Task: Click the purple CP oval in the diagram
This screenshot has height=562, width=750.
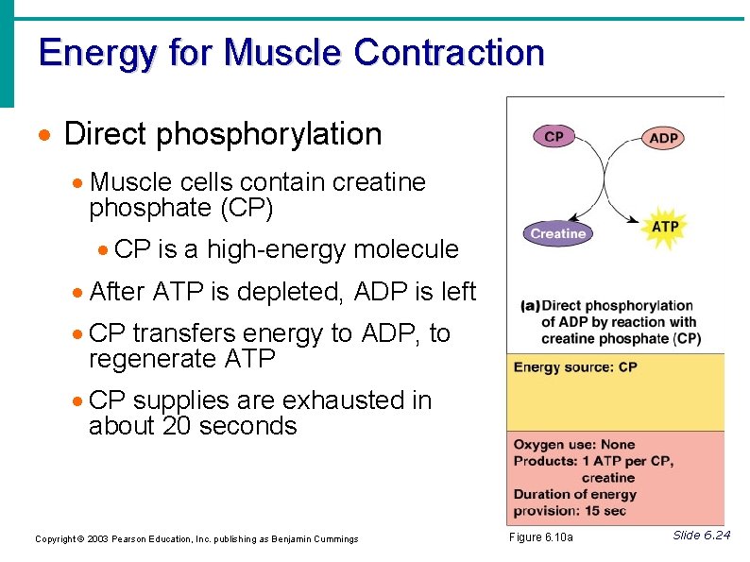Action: (554, 137)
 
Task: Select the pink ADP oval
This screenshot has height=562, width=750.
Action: (664, 138)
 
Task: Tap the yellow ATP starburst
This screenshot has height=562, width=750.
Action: (665, 227)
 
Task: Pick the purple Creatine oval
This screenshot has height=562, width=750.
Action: (558, 233)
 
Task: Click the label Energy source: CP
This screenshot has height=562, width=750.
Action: (575, 367)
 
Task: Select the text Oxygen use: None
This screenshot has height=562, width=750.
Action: (574, 445)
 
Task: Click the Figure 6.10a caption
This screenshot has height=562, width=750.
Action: (541, 537)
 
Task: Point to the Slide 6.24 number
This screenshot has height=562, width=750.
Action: (701, 536)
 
